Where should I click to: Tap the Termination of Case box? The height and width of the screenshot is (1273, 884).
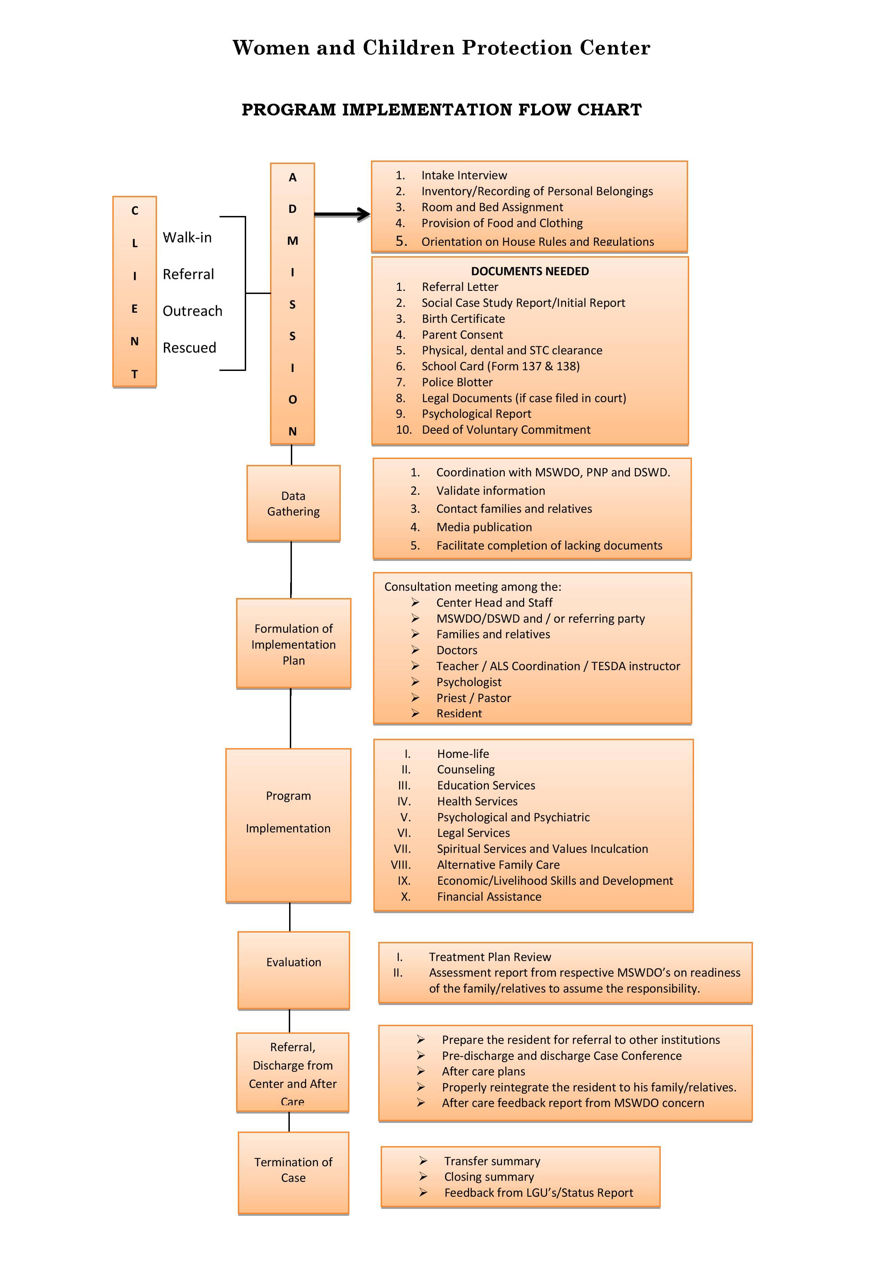coord(294,1173)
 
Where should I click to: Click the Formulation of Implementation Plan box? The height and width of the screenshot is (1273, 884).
coord(294,644)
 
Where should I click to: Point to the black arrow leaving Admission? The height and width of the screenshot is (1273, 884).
coord(342,214)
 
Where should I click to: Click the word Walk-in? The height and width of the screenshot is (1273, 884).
coord(187,238)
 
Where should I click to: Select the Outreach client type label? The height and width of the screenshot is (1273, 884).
coord(192,311)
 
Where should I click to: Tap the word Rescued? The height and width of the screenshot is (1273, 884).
coord(189,347)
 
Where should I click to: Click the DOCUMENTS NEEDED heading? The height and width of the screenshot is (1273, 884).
coord(529,271)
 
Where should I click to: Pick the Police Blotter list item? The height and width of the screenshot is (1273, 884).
coord(457,382)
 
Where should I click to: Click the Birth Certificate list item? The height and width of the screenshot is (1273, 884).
coord(463,319)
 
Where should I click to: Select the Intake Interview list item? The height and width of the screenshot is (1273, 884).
coord(464,175)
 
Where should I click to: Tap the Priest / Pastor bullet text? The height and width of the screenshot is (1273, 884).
coord(474,698)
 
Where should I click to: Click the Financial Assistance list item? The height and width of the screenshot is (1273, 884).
coord(489,896)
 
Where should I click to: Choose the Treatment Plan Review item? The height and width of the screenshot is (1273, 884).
coord(489,957)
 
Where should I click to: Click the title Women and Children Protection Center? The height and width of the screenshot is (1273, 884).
coord(441,47)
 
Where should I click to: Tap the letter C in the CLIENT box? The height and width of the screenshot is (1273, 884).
coord(135,210)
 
